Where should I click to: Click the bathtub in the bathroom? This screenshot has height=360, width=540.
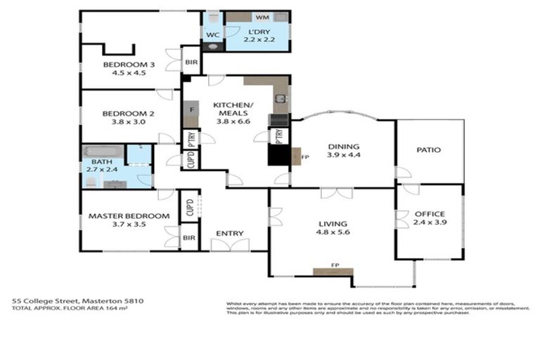103,152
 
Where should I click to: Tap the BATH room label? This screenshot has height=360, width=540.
91,161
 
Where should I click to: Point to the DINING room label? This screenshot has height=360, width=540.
344,147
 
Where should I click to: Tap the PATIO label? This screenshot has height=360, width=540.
428,150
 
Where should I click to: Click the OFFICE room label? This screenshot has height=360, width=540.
429,214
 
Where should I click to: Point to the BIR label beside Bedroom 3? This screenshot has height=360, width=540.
191,63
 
